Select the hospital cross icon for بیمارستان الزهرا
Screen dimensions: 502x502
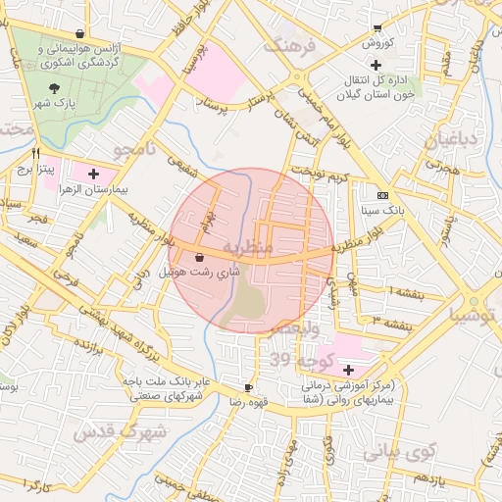coord(93,174)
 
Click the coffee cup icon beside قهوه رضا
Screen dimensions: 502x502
coord(249,387)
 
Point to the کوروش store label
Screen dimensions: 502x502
coord(377,43)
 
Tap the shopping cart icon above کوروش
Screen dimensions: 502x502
coord(377,28)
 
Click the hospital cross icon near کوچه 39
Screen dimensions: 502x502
coord(349,370)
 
